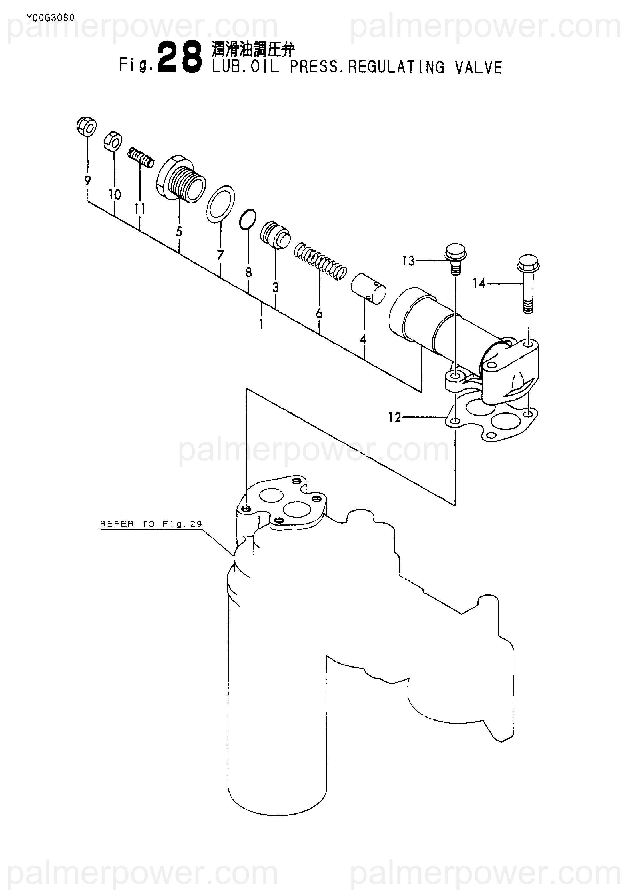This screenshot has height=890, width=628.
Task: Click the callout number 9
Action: point(88,180)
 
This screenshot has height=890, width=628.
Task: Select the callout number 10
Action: point(115,194)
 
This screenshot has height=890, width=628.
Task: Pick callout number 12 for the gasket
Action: point(395,418)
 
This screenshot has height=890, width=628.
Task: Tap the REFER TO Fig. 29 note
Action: point(151,524)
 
